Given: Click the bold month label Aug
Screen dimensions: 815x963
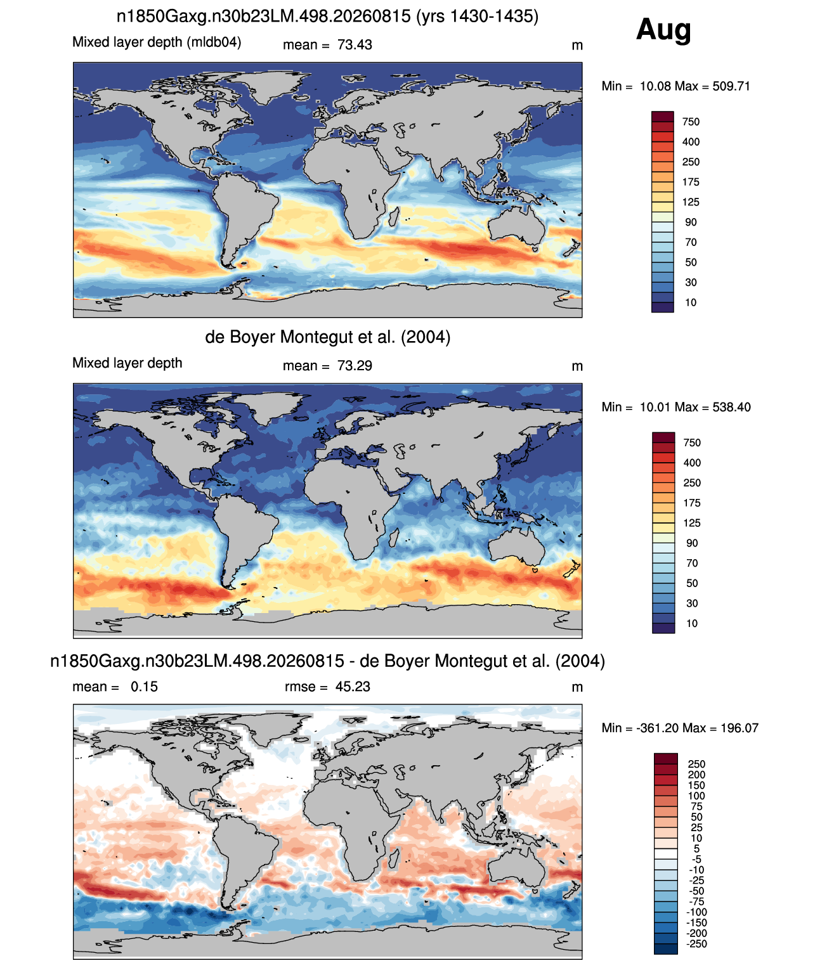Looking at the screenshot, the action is (663, 30).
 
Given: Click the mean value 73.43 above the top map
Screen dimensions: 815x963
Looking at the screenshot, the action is (355, 45).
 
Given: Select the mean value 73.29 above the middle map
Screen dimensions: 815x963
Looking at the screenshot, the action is (355, 366).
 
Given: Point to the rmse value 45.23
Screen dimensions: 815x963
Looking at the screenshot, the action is (353, 687).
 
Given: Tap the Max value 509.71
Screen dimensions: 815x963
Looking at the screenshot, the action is (731, 86).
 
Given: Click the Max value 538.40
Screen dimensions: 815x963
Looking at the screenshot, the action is (731, 407).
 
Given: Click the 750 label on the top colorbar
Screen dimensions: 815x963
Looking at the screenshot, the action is (691, 122).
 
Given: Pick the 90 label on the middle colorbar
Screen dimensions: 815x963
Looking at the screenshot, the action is (692, 543).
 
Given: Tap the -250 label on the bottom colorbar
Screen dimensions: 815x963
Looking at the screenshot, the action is (696, 944).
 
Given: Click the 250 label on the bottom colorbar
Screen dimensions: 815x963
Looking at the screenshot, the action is (696, 764).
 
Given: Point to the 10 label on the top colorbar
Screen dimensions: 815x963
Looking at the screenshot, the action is (691, 303).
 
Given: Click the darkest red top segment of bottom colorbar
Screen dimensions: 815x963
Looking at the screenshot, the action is (665, 758).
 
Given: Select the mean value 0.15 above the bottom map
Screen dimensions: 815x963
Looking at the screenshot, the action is (144, 687).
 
